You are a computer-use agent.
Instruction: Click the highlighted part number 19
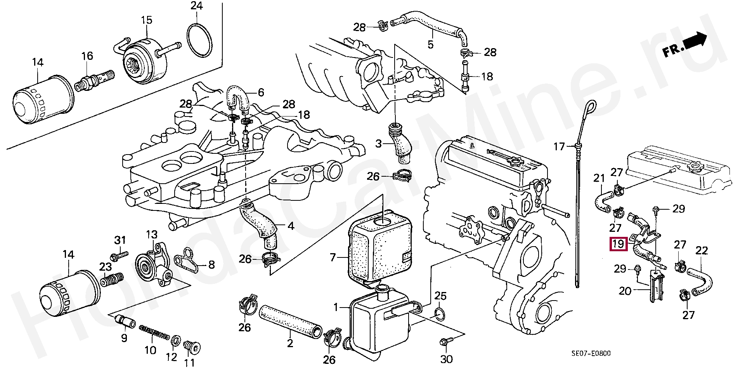(618, 244)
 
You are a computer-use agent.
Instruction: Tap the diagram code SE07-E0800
(591, 353)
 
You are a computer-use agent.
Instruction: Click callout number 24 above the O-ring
(197, 6)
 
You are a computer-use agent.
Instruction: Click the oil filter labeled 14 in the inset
(44, 101)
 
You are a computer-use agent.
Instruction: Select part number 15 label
(146, 20)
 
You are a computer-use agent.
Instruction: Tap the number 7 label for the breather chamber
(333, 257)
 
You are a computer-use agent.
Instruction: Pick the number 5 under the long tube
(430, 45)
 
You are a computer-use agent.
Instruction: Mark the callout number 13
(152, 234)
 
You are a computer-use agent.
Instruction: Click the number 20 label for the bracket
(625, 290)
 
